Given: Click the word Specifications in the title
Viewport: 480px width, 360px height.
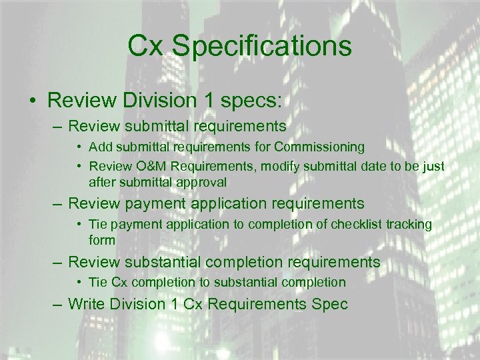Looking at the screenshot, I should (261, 47).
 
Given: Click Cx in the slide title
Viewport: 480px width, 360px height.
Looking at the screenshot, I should (145, 47).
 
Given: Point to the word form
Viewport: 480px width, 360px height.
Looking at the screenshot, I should (102, 240).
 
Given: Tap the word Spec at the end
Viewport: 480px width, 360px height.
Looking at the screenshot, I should (332, 304).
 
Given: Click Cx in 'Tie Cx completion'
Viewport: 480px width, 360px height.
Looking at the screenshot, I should (119, 282).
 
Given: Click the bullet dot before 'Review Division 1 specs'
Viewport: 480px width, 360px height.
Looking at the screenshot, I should (32, 101).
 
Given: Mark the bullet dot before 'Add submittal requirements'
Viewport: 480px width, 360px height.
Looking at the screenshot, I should (79, 147).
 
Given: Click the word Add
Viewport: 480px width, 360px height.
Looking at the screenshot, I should (99, 147).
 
